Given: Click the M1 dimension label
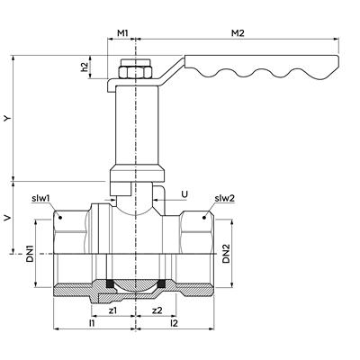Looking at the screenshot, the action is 122,33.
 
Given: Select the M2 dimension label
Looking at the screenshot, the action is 238,33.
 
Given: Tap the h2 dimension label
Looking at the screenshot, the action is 85,67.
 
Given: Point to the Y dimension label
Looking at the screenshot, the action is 8,118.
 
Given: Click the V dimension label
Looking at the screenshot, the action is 8,217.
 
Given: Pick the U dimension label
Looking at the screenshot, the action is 184,194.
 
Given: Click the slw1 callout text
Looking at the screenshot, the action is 40,198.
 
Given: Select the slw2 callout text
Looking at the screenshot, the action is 225,198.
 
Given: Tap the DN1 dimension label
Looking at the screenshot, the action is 31,254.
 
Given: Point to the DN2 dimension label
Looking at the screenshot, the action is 226,254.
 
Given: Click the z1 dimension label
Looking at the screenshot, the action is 112,310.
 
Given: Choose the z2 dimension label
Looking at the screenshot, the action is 157,310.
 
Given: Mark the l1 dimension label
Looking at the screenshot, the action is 92,323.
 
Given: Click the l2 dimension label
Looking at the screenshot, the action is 174,323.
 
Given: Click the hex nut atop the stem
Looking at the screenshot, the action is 136,72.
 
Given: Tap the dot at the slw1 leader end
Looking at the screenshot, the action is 59,218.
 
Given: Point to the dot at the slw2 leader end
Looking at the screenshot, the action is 205,218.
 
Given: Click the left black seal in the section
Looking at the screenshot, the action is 110,283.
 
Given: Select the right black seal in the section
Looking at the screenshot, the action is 162,283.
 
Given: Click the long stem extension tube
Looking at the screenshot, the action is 136,125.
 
